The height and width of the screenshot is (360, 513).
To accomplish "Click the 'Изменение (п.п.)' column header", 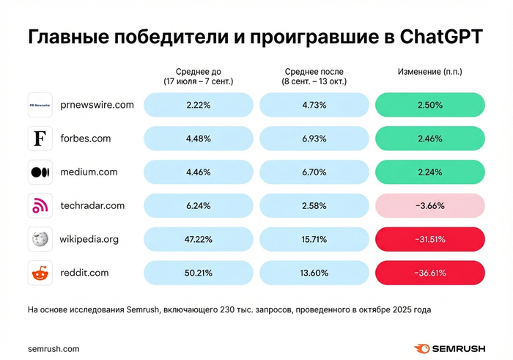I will [430, 72].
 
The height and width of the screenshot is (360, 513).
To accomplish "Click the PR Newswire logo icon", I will [40, 105].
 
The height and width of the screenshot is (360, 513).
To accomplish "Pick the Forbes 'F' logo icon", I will [40, 139].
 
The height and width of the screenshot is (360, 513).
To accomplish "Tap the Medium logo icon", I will [40, 172].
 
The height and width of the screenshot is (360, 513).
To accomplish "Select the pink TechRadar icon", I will [40, 206].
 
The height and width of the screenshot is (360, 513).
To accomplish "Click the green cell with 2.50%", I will [430, 105].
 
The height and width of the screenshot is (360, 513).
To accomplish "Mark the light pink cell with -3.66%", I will [430, 206].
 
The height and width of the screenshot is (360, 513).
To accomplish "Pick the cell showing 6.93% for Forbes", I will [314, 139].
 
